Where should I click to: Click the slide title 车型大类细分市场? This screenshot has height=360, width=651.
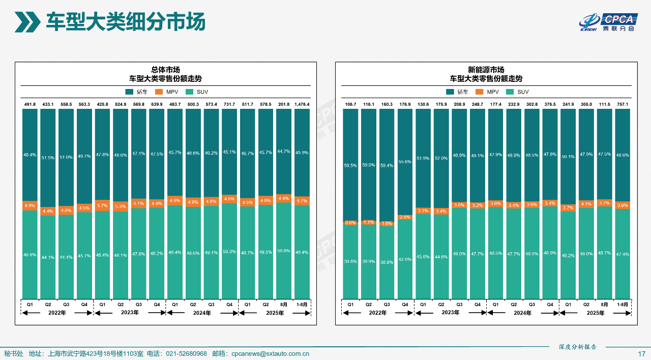[126, 22]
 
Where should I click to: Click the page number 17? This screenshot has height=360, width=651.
[642, 354]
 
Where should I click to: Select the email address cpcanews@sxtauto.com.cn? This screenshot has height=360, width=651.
[270, 354]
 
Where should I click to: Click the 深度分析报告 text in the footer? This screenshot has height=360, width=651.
[577, 347]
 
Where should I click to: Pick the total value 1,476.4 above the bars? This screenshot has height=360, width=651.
[302, 104]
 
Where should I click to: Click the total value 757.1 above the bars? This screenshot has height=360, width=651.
[623, 104]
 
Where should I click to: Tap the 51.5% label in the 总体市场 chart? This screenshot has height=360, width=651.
[48, 158]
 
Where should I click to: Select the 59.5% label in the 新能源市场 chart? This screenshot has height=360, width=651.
[350, 165]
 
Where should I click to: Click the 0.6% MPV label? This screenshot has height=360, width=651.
[350, 223]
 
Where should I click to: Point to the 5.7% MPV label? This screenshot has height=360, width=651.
[102, 205]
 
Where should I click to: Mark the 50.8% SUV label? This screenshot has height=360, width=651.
[284, 251]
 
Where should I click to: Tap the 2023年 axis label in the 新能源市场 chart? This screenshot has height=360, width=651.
[451, 313]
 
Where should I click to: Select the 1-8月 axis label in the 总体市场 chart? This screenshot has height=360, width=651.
[302, 304]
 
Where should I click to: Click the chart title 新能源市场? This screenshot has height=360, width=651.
[486, 70]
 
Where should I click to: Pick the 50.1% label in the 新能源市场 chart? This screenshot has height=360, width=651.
[568, 157]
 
